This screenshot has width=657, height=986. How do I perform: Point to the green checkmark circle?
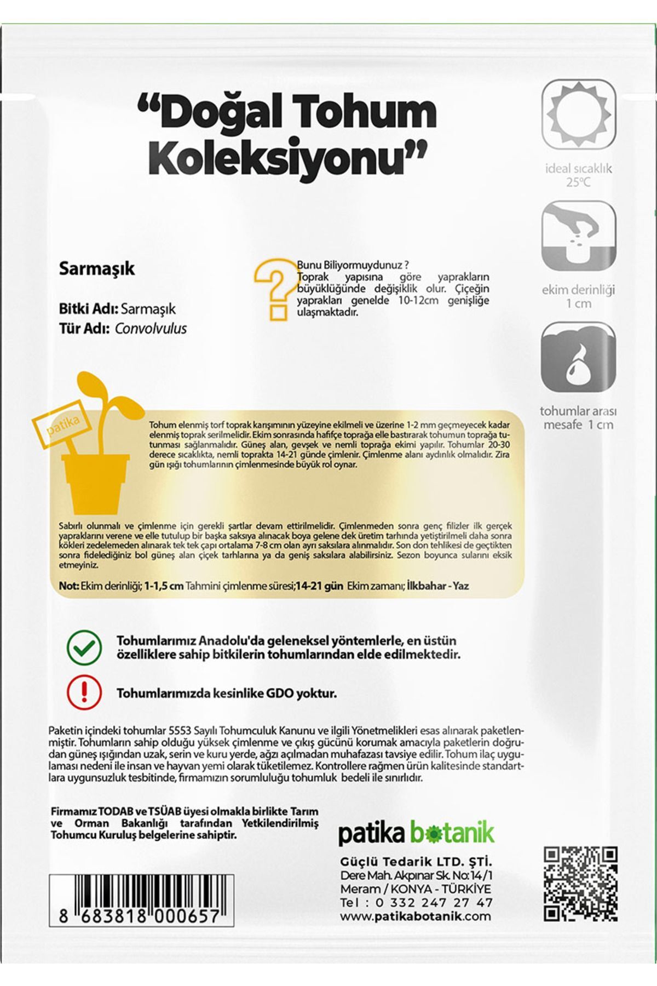(x=84, y=647)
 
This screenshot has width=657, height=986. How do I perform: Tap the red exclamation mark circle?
(x=84, y=692)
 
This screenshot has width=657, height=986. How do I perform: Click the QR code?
(x=580, y=884)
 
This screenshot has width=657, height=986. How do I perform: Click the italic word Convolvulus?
(x=151, y=329)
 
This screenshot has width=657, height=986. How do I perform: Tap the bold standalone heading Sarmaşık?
(x=96, y=269)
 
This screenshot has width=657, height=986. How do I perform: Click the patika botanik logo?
(x=416, y=833)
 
